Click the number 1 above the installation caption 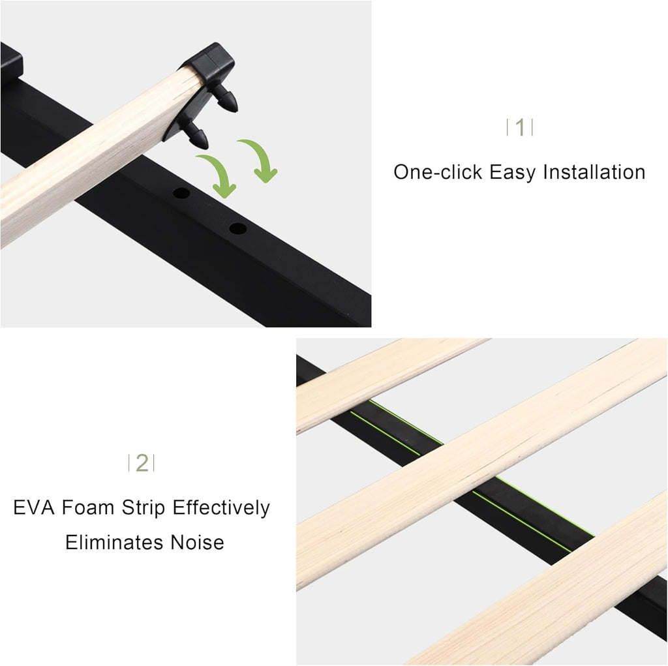[x=520, y=128]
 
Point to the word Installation [x=595, y=172]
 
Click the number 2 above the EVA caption [x=142, y=463]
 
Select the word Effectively [x=221, y=507]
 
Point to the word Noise [x=197, y=542]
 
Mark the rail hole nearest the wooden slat [x=181, y=194]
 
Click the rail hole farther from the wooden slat [x=238, y=229]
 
